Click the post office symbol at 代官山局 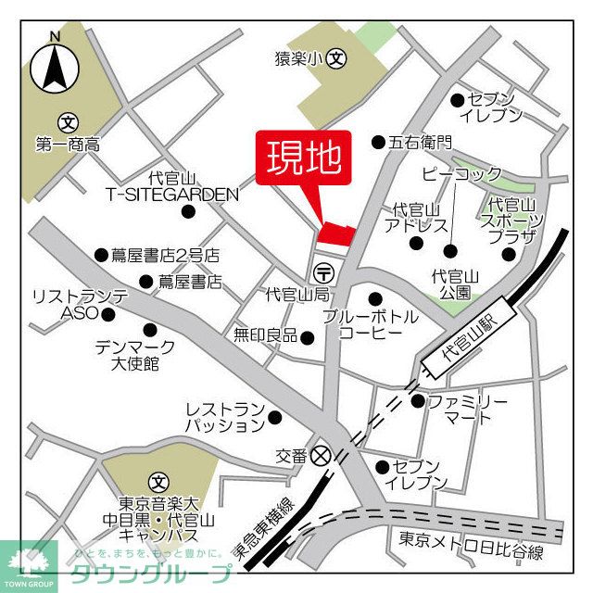coord(323,273)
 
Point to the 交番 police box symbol coord(322,456)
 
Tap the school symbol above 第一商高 coord(67,121)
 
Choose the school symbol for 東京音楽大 coord(158,482)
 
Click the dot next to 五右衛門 coord(378,142)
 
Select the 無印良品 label coord(265,335)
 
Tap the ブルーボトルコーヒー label coord(370,324)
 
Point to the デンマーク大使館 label coord(127,354)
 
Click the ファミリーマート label coord(467,410)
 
